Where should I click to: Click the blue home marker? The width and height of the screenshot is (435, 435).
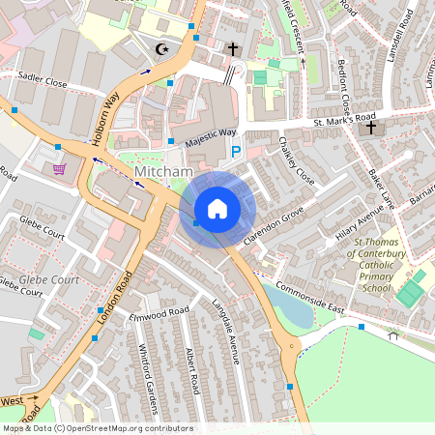click(217, 209)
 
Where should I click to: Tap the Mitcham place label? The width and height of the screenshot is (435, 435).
click(163, 171)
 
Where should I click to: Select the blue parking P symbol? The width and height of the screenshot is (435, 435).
click(235, 151)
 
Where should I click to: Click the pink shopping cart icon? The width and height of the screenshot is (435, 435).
click(60, 168)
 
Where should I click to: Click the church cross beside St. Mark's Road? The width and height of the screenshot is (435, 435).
click(371, 128)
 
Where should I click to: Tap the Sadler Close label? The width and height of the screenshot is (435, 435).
click(42, 83)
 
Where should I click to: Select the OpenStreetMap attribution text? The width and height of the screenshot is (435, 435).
click(98, 428)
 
